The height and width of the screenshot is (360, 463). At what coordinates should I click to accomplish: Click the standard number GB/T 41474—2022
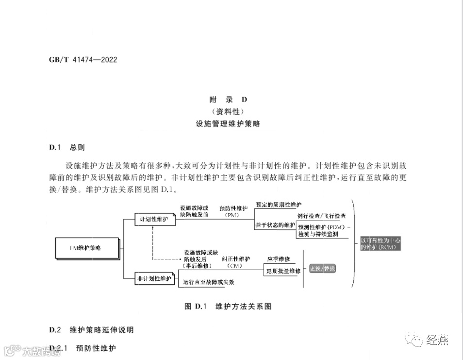coord(83,60)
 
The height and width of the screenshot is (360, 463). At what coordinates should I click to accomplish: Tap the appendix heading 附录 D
coord(228,100)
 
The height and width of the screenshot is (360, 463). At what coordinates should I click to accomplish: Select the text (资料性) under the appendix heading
coord(228,112)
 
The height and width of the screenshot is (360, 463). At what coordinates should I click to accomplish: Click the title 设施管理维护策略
coord(228,124)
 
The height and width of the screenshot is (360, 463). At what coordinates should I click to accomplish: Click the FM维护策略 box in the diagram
coord(86,248)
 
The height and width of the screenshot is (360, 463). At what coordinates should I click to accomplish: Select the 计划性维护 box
coord(154,219)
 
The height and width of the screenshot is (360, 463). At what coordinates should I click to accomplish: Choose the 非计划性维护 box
coord(154,278)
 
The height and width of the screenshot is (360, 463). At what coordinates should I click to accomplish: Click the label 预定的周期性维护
coord(279,205)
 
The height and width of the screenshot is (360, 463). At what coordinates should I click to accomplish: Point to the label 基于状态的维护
coord(275,225)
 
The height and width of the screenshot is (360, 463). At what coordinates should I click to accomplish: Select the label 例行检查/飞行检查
coord(322,215)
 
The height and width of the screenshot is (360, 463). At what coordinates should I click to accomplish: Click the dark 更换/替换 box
coord(323,269)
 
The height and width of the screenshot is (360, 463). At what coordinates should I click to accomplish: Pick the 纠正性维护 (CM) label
coord(236,262)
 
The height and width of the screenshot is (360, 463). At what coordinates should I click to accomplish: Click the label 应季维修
coord(279,258)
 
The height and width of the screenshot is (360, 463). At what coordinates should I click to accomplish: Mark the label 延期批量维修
coord(283,271)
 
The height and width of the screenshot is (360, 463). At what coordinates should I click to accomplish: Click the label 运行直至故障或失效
coord(209,282)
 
